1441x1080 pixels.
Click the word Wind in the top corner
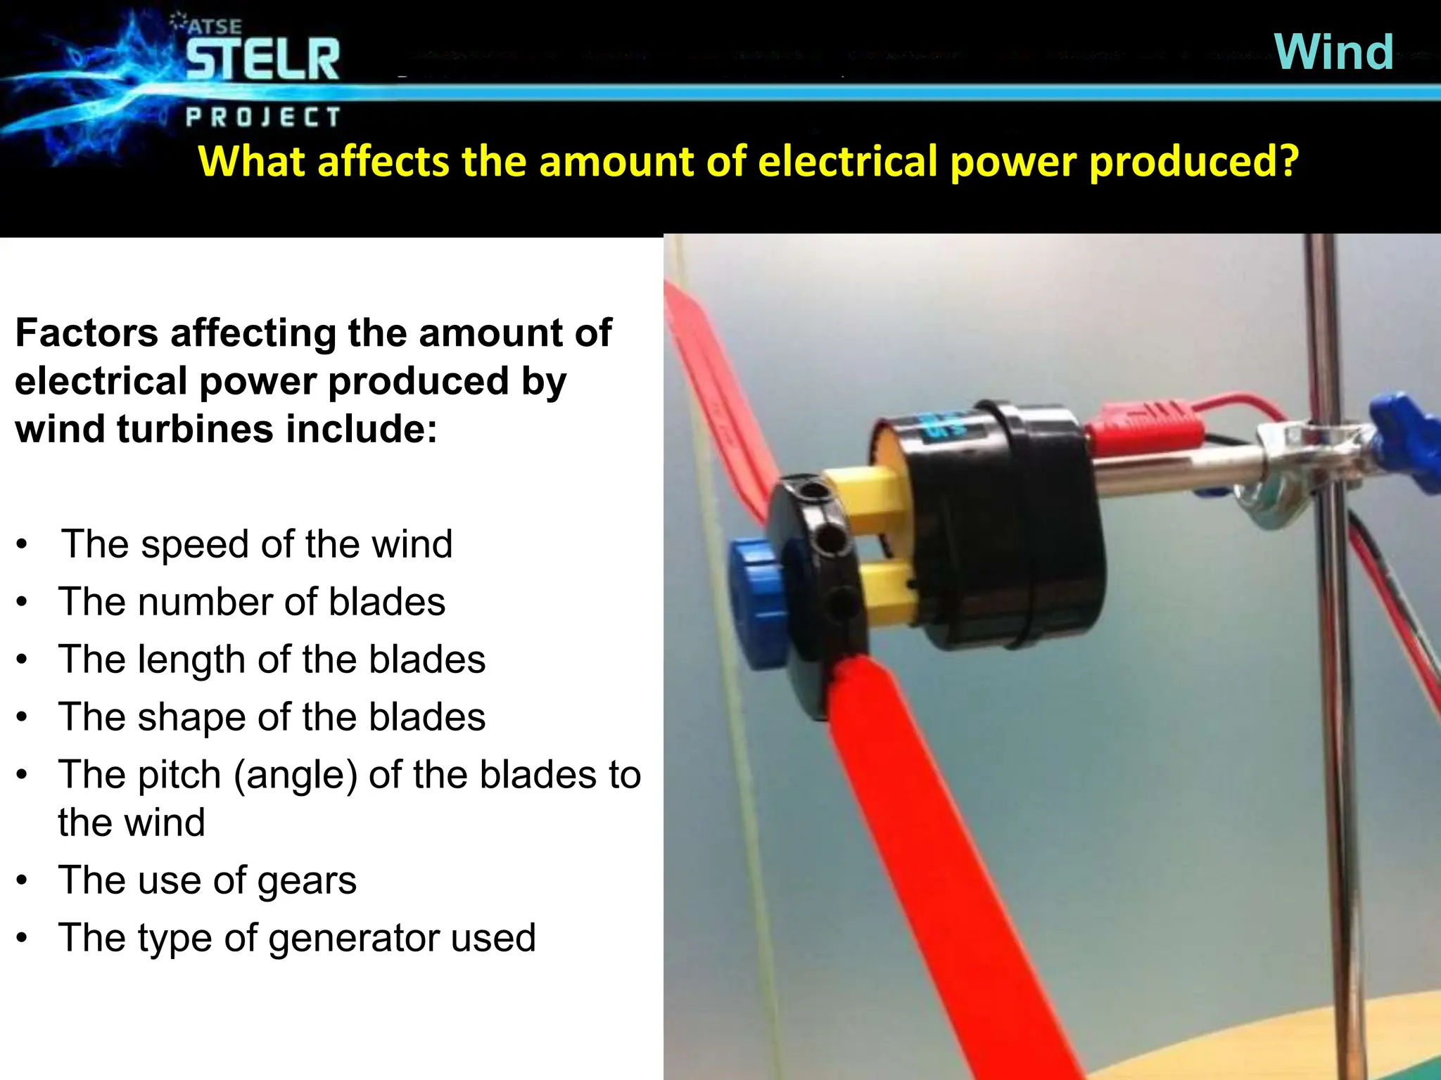pos(1333,52)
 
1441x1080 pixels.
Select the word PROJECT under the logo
pos(263,117)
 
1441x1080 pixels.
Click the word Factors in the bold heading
pos(87,333)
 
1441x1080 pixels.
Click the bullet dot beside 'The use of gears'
pos(23,880)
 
